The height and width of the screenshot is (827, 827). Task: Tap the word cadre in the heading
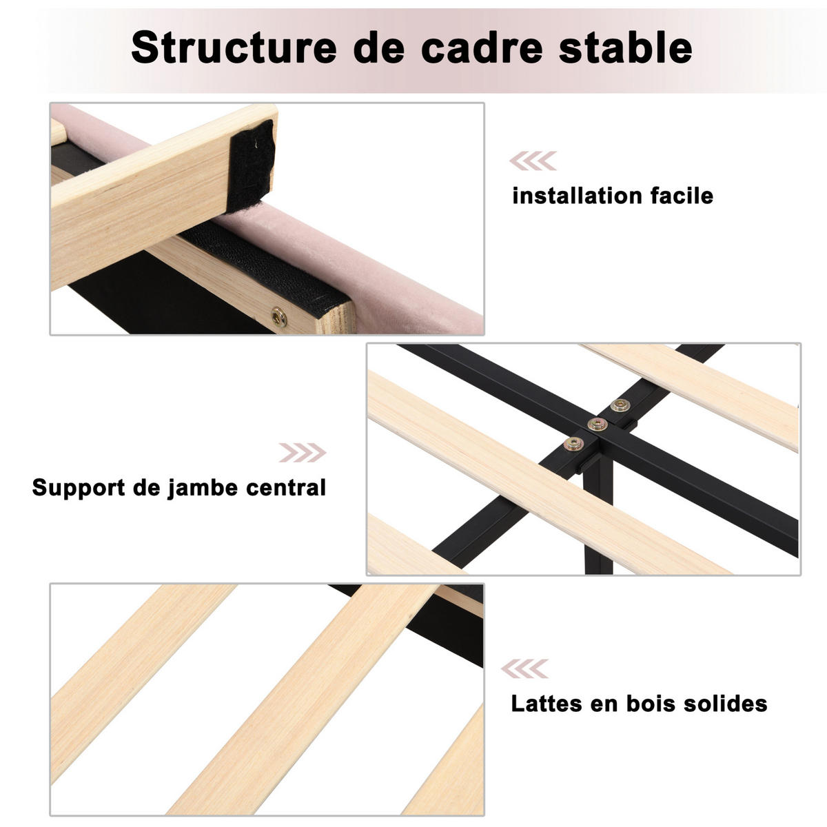click(x=482, y=48)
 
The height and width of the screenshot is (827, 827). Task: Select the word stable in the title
click(x=626, y=48)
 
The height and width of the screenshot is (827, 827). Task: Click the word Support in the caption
click(x=79, y=489)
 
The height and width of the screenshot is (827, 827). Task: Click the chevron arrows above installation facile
click(x=533, y=161)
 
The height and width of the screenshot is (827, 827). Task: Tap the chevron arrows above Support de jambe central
click(x=303, y=452)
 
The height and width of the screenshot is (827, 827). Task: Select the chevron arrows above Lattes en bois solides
click(x=524, y=668)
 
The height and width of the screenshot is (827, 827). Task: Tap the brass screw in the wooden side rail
click(x=279, y=317)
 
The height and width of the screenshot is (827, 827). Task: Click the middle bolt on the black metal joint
click(x=597, y=425)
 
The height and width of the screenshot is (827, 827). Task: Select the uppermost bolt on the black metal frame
click(x=620, y=405)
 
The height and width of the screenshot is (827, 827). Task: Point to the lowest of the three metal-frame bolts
click(x=573, y=444)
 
